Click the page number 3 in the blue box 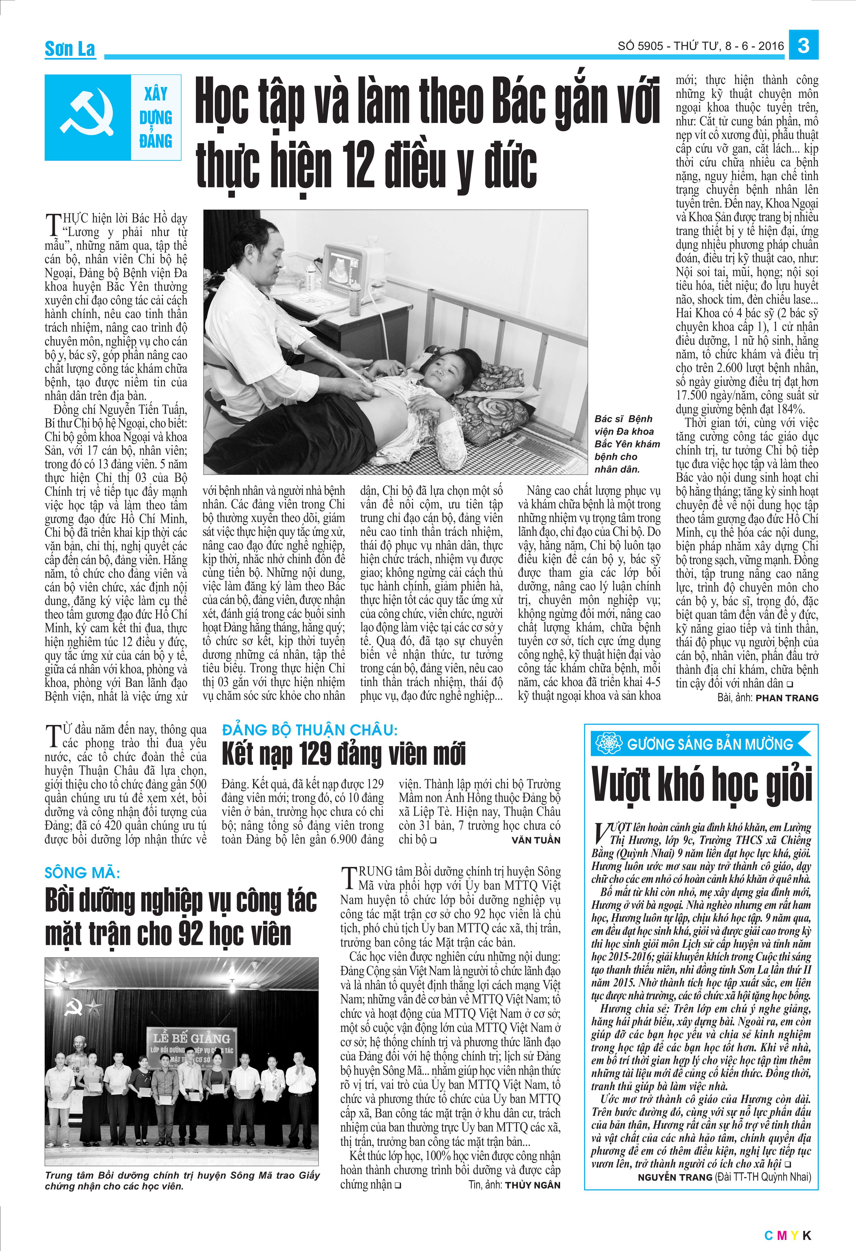803,45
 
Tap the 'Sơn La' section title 70,49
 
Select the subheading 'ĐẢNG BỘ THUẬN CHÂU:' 309,730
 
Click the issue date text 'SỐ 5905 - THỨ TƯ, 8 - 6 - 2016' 700,46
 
